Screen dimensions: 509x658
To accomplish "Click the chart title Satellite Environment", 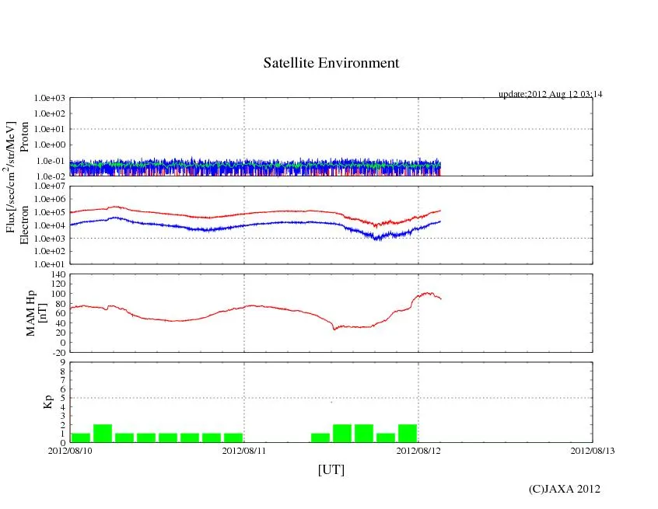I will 331,63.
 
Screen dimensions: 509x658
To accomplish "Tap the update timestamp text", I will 550,94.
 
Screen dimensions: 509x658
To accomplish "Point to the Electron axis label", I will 24,225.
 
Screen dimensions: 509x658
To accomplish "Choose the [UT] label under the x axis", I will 331,469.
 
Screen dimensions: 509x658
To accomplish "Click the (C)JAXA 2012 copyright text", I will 564,489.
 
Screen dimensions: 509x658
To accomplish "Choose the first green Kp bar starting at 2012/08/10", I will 80,438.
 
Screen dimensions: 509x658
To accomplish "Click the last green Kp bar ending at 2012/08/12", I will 408,434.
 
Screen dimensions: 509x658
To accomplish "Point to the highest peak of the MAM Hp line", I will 426,293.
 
